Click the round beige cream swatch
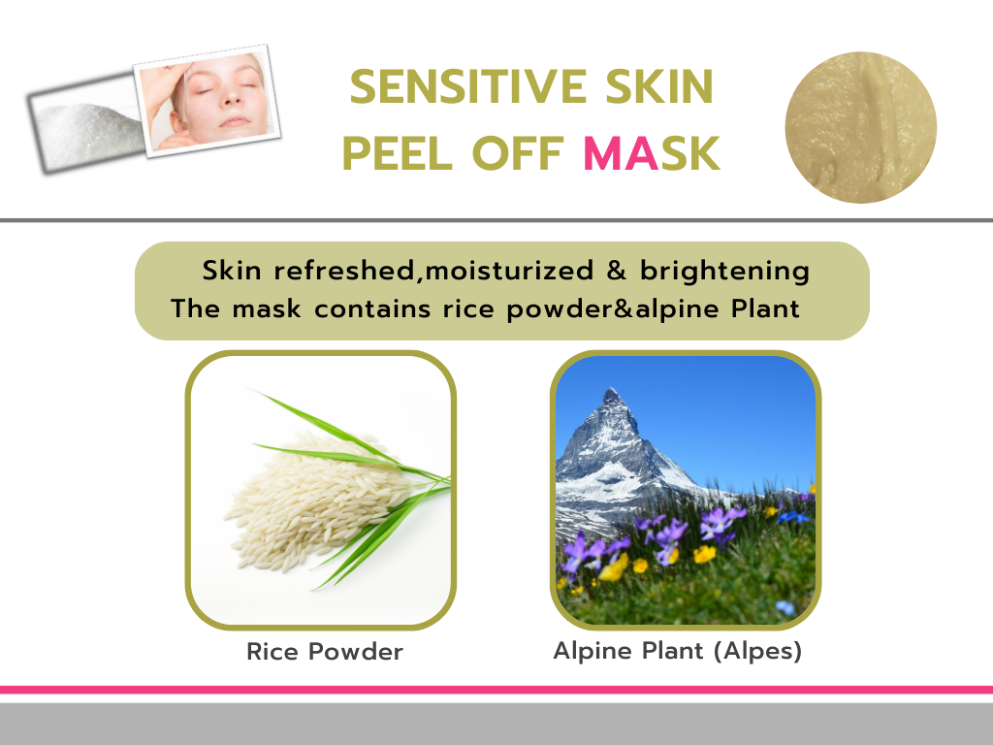pos(860,127)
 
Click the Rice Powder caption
pos(325,652)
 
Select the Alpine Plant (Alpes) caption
pos(678,651)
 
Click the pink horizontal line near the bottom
pos(496,690)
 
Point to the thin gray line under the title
pos(496,220)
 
